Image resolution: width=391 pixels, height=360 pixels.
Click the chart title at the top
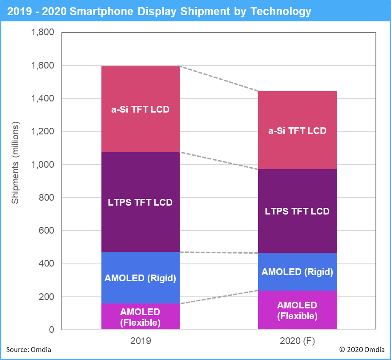click(159, 11)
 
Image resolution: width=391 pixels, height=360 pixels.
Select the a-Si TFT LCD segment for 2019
click(140, 109)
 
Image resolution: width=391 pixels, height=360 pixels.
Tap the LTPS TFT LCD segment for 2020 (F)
click(297, 211)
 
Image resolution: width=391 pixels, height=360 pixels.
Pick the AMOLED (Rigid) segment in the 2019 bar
click(140, 278)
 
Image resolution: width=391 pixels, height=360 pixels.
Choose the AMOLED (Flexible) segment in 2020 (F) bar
click(297, 310)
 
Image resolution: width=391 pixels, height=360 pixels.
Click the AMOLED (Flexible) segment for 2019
click(140, 316)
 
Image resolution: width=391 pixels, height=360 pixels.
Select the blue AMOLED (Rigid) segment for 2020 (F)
click(297, 272)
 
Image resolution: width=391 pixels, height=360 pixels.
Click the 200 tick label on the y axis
click(47, 297)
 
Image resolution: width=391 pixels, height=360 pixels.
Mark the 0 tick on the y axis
click(52, 330)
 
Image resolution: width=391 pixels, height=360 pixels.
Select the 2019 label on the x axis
click(140, 341)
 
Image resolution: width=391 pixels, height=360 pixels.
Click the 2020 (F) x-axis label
click(297, 341)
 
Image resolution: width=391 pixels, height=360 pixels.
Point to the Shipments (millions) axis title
click(16, 165)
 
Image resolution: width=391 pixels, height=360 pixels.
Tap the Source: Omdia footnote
click(28, 350)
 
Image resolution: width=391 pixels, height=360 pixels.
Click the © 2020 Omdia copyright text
click(361, 350)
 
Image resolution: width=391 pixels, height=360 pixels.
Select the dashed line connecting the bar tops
click(219, 79)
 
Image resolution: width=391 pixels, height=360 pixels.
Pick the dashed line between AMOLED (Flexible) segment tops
click(219, 297)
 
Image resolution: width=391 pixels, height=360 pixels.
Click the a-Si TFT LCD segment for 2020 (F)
click(297, 130)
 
